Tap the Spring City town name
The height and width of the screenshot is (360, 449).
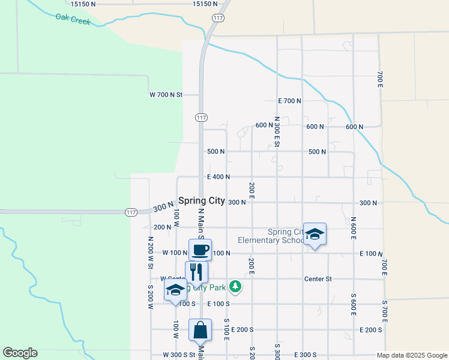(x=202, y=200)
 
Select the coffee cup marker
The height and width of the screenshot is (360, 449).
(x=200, y=250)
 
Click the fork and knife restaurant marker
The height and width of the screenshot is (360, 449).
(x=196, y=272)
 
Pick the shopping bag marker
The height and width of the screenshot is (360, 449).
(x=200, y=330)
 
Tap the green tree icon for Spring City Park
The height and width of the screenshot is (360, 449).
(x=237, y=287)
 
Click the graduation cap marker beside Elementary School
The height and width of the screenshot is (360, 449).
(x=315, y=234)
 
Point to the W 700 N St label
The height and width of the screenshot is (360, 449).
(x=165, y=95)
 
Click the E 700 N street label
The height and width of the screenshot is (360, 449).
(x=289, y=101)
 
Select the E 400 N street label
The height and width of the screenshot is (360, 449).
(x=218, y=177)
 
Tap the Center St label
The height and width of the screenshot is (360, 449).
(x=318, y=279)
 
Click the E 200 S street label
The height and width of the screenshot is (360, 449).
(x=371, y=330)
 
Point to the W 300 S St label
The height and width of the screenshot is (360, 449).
(x=179, y=355)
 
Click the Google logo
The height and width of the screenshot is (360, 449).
(x=20, y=353)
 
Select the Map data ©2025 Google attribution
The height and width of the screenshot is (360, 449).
(x=412, y=355)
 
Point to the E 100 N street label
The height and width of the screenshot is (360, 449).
(x=371, y=254)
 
